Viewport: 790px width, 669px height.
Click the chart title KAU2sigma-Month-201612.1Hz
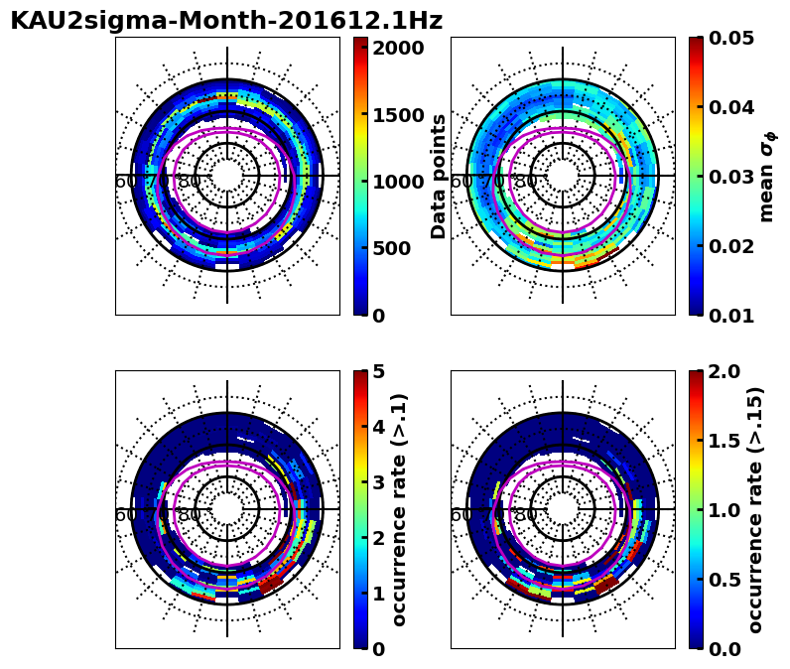tap(226, 21)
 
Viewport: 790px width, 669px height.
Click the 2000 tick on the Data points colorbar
tap(398, 48)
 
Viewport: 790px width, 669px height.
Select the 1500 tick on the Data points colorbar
tap(398, 114)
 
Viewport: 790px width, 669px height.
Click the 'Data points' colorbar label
tap(439, 177)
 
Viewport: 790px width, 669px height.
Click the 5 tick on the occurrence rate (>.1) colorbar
tap(378, 371)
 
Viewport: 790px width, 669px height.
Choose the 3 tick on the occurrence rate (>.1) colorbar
tap(378, 482)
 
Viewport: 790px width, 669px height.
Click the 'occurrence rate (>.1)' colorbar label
tap(400, 509)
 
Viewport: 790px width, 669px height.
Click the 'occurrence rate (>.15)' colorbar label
tap(755, 509)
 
